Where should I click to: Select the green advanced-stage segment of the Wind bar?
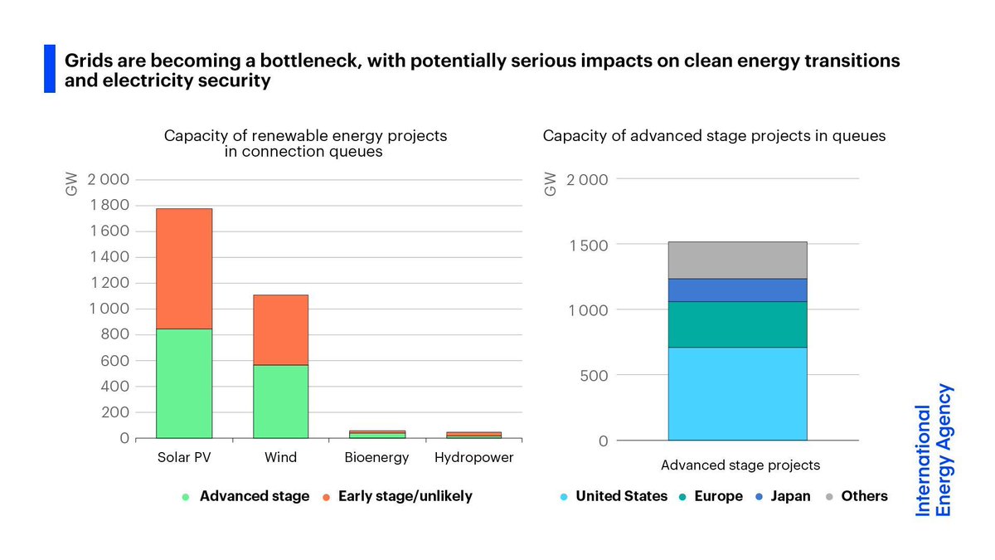pos(280,402)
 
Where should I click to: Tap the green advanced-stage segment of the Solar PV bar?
pos(184,383)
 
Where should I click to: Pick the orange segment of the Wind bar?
pos(280,329)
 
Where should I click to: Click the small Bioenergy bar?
pos(377,434)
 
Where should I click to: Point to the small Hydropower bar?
pos(473,434)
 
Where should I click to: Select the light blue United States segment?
pos(737,394)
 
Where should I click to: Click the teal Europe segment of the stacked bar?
pos(737,324)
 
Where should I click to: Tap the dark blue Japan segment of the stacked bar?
pos(737,290)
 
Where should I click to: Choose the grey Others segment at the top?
pos(737,260)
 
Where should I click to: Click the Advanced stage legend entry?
pos(245,496)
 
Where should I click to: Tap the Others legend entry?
pos(857,496)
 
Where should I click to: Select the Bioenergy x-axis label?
pos(377,458)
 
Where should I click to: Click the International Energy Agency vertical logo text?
pos(933,450)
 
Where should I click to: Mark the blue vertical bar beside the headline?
pos(49,69)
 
